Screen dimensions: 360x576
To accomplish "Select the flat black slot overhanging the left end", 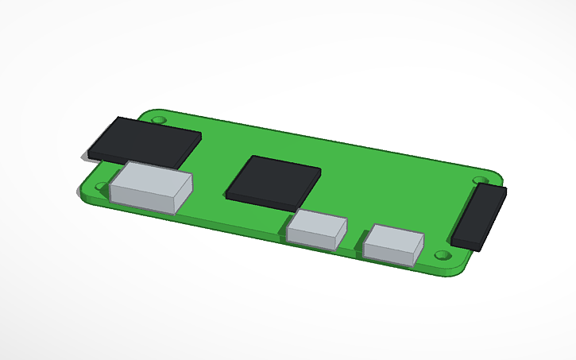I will coord(145,141).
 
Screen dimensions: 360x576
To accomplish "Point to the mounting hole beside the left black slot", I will coord(159,119).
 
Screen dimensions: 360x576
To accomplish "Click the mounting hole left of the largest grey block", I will coord(101,188).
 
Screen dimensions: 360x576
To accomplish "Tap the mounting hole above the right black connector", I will coord(480,180).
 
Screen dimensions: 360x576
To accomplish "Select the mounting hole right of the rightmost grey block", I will coord(443,256).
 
